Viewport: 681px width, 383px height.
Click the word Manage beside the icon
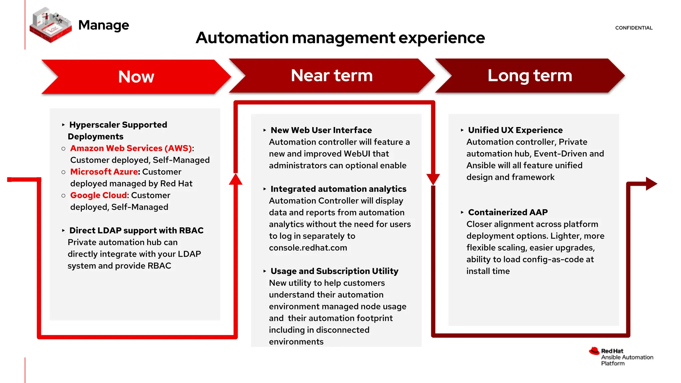click(103, 25)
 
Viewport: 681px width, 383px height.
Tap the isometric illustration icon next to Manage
click(51, 25)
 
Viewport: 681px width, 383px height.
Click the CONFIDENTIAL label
click(633, 28)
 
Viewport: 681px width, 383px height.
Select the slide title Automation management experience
click(340, 38)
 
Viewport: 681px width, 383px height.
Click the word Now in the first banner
click(136, 77)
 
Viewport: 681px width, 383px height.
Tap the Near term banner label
click(332, 75)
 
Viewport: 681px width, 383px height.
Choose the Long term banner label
click(529, 75)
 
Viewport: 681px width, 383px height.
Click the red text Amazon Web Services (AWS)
click(131, 148)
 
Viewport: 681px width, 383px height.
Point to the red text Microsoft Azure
click(104, 172)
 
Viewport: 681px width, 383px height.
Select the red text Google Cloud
click(98, 195)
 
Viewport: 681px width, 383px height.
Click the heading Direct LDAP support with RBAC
click(136, 230)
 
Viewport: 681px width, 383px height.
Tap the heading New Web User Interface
click(321, 130)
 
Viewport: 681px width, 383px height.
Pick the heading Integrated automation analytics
click(338, 189)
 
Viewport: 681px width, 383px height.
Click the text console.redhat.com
click(308, 248)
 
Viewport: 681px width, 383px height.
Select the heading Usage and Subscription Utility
click(334, 271)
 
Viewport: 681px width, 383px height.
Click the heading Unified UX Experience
click(515, 130)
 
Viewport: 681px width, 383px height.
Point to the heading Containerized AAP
click(507, 212)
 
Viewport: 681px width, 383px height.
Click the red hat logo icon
click(594, 351)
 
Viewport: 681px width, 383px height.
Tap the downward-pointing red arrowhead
click(433, 179)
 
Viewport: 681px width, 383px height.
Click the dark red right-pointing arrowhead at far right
click(651, 184)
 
